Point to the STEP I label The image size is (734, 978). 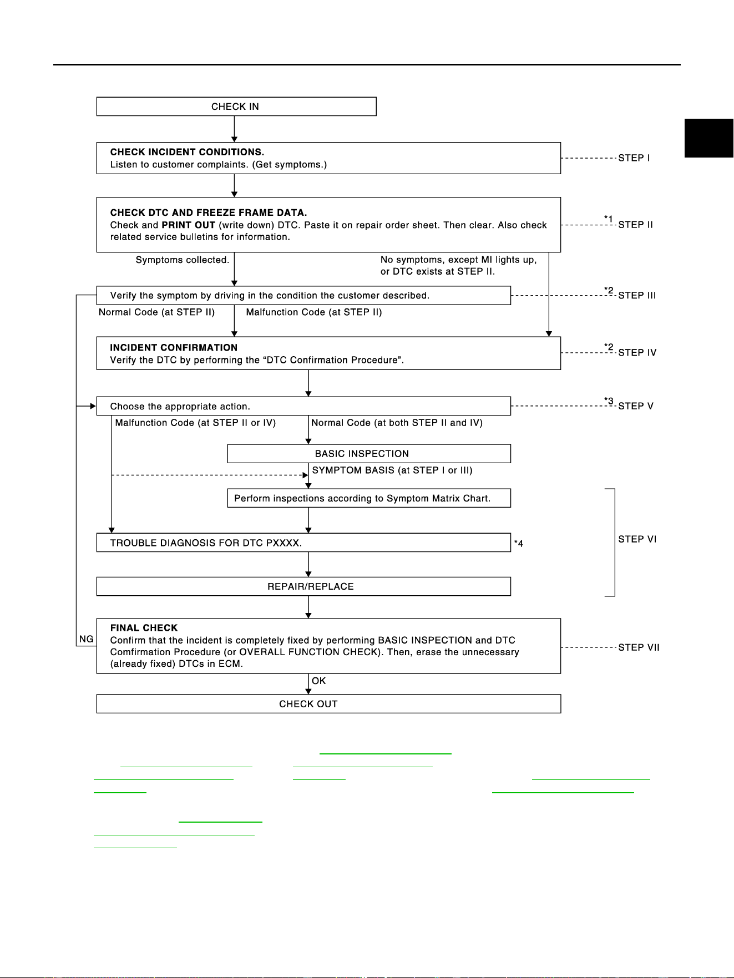(x=634, y=158)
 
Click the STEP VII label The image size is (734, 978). (x=639, y=647)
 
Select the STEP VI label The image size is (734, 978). (x=637, y=539)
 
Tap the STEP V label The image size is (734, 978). (x=636, y=406)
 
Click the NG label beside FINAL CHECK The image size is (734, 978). (x=86, y=639)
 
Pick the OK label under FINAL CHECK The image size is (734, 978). (x=319, y=681)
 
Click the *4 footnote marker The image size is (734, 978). (x=518, y=544)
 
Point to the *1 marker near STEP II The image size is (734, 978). (x=609, y=219)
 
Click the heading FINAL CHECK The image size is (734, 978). (x=144, y=628)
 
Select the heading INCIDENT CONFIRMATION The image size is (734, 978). (x=174, y=348)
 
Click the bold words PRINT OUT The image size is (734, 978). (x=188, y=225)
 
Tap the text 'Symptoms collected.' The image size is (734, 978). (x=183, y=260)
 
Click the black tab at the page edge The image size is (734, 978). (x=709, y=138)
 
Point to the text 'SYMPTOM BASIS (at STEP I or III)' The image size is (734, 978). (x=392, y=470)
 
